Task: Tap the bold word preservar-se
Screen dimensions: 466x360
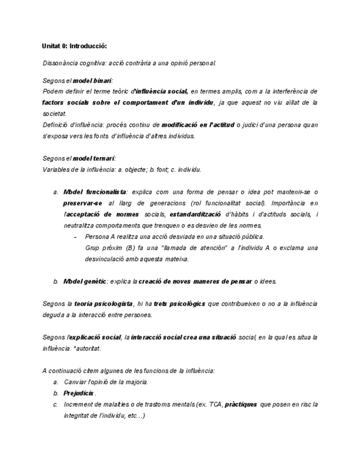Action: coord(82,203)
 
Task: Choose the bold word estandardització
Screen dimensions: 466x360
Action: coord(195,214)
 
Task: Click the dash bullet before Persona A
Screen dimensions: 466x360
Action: coord(75,237)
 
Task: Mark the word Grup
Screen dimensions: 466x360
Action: coord(92,248)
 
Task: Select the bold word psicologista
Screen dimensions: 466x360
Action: coord(114,303)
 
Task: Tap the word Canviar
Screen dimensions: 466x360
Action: coord(75,382)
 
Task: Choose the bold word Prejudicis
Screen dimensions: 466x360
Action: coord(79,393)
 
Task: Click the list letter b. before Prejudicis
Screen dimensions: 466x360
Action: coord(56,393)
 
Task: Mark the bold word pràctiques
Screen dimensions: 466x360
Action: coord(241,404)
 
